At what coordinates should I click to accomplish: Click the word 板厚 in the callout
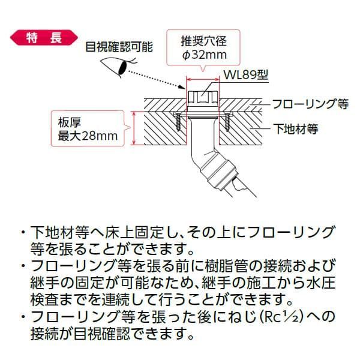(69, 120)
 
